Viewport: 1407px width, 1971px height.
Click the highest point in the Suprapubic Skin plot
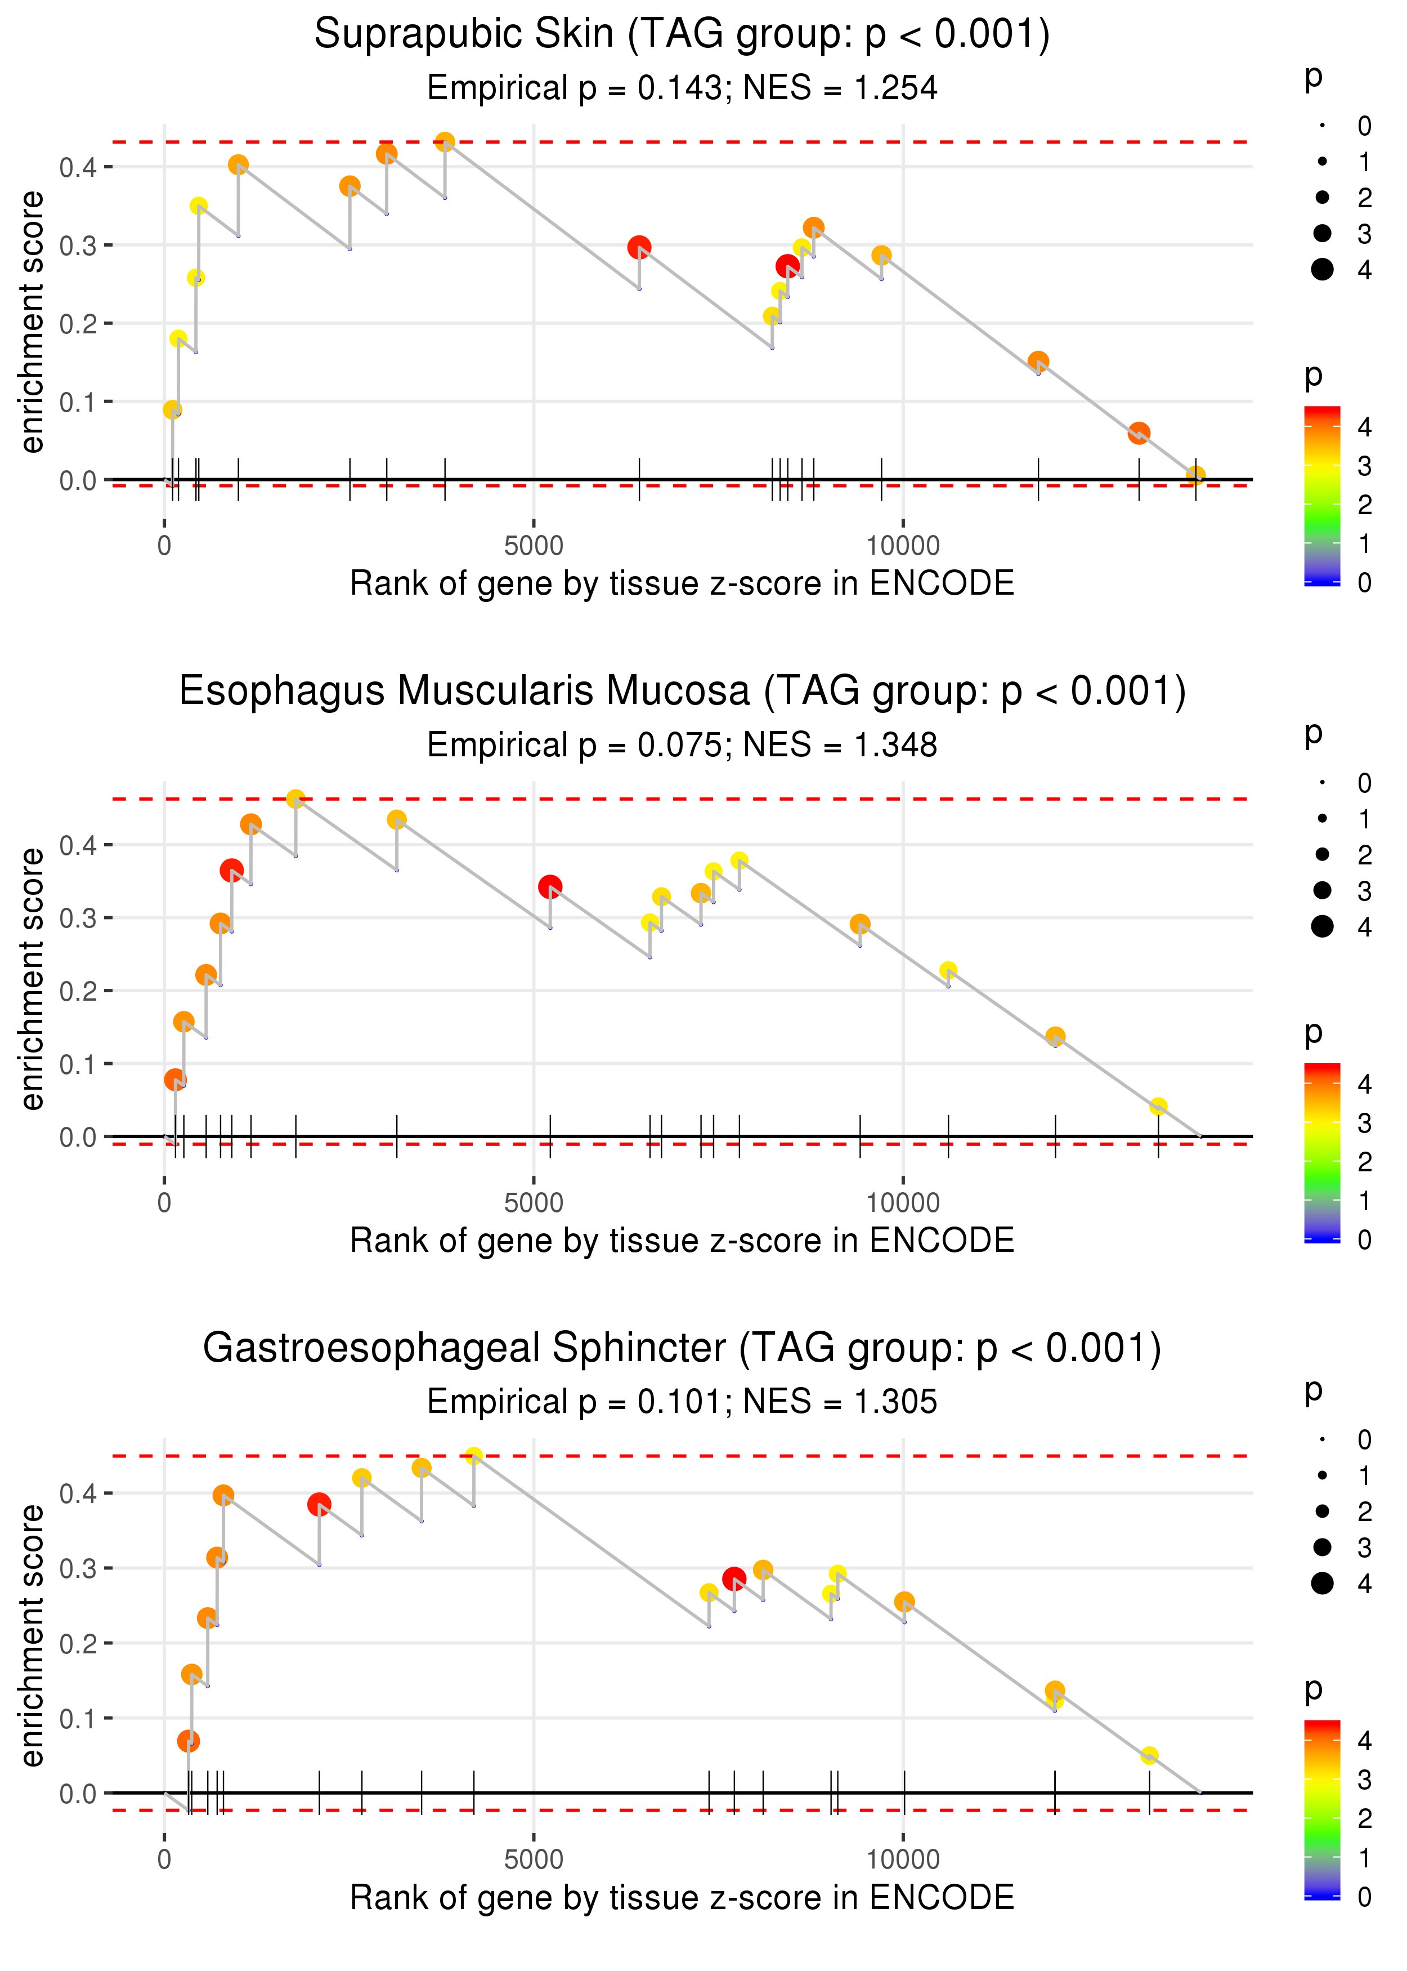pyautogui.click(x=445, y=142)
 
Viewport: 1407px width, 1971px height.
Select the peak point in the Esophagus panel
pyautogui.click(x=295, y=799)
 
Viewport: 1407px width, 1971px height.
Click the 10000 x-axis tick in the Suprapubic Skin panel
pyautogui.click(x=903, y=546)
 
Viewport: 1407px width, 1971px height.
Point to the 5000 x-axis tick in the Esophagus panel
pyautogui.click(x=533, y=1203)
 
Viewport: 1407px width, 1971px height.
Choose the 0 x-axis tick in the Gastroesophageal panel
pyautogui.click(x=164, y=1860)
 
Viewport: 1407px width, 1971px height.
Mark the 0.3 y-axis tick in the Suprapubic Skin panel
pyautogui.click(x=78, y=246)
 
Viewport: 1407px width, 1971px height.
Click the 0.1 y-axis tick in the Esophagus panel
pyautogui.click(x=78, y=1064)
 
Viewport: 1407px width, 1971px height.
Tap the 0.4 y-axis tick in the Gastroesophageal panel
pyautogui.click(x=78, y=1493)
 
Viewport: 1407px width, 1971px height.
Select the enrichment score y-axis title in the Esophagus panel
pyautogui.click(x=32, y=979)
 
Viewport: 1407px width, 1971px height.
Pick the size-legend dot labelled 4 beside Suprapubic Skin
pyautogui.click(x=1322, y=270)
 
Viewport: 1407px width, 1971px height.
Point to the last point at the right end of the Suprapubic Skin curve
pyautogui.click(x=1195, y=475)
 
